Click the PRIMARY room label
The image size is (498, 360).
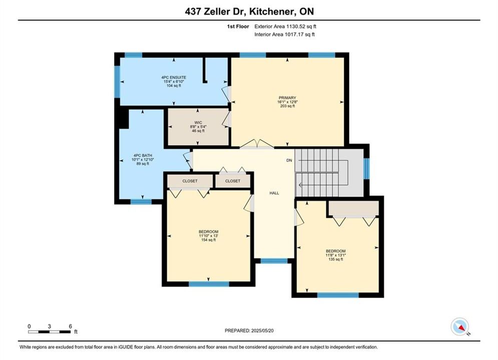point(287,97)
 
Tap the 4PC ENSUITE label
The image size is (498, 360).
point(174,77)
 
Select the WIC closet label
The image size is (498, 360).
point(198,122)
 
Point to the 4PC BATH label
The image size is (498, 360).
point(143,155)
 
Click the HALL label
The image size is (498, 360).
point(274,193)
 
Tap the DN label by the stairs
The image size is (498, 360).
point(289,160)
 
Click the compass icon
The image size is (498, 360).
point(459,326)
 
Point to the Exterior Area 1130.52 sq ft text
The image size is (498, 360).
point(285,26)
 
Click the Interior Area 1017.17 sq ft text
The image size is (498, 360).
point(285,34)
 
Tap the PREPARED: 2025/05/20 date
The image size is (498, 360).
point(249,330)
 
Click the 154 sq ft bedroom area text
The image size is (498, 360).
point(208,240)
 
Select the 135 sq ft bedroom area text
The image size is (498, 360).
point(336,259)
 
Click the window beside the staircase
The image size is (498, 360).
point(366,168)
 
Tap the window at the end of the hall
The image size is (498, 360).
point(274,260)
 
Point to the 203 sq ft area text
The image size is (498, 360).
point(287,106)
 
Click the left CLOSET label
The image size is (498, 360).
point(190,181)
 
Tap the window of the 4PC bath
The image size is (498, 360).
point(141,201)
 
